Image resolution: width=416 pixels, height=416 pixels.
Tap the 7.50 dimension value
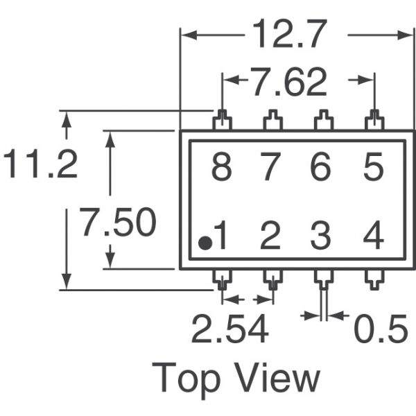(117, 224)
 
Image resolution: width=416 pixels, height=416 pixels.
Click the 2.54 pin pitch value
(229, 331)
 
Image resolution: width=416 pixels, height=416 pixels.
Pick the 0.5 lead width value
(380, 331)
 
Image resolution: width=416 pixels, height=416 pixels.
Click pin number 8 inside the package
(221, 169)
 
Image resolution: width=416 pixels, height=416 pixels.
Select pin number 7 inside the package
(271, 169)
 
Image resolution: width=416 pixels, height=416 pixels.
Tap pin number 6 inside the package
(321, 169)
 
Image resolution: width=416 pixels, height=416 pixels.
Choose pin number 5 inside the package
(373, 169)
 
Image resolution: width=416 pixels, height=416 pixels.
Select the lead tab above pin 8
(222, 121)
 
